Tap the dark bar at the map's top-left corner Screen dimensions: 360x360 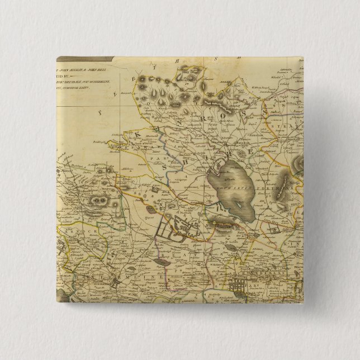(84, 59)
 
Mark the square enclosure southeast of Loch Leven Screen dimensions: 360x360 (274, 229)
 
